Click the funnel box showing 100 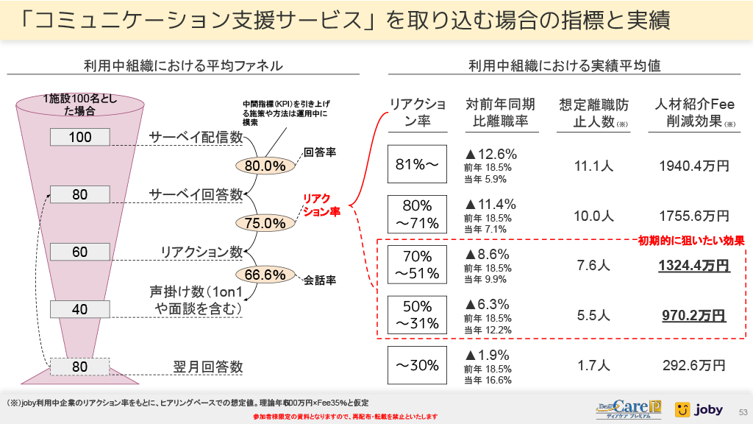pyautogui.click(x=81, y=137)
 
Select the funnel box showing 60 pyautogui.click(x=80, y=252)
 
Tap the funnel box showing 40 pyautogui.click(x=80, y=309)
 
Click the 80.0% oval pyautogui.click(x=265, y=166)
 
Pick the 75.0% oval pyautogui.click(x=265, y=222)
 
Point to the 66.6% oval pyautogui.click(x=265, y=275)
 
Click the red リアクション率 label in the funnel pyautogui.click(x=322, y=205)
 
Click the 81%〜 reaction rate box pyautogui.click(x=417, y=164)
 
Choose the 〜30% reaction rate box pyautogui.click(x=417, y=365)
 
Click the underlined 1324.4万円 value pyautogui.click(x=694, y=265)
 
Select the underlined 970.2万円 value pyautogui.click(x=694, y=316)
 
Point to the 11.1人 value pyautogui.click(x=594, y=166)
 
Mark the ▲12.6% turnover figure pyautogui.click(x=490, y=154)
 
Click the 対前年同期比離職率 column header pyautogui.click(x=501, y=113)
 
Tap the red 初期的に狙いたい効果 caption pyautogui.click(x=691, y=240)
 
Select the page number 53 pyautogui.click(x=742, y=411)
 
